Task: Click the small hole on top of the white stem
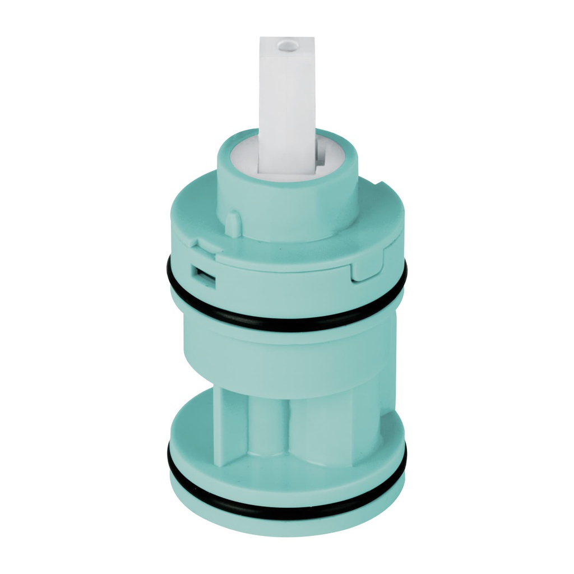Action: [288, 42]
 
